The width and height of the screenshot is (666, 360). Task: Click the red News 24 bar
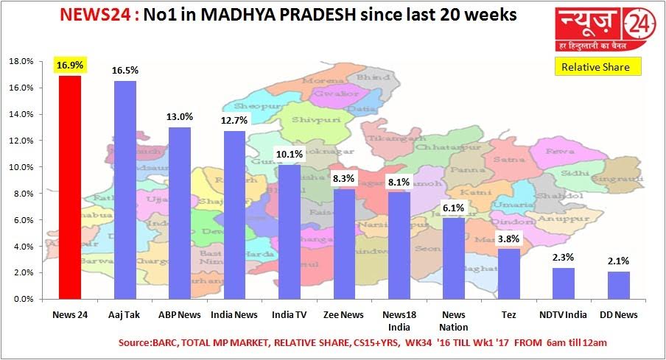(x=70, y=188)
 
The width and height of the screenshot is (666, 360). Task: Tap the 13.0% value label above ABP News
(x=180, y=116)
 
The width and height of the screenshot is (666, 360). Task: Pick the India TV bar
(x=290, y=232)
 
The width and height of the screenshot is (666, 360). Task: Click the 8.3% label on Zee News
(x=345, y=178)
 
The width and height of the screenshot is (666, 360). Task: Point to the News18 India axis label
(x=399, y=320)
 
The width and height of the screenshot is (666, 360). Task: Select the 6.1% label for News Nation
(x=454, y=208)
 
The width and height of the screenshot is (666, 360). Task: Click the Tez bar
(x=509, y=274)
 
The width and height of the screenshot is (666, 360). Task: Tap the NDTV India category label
(x=564, y=315)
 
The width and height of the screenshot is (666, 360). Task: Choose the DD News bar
(x=619, y=285)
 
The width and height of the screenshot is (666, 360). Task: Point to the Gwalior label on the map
(x=325, y=93)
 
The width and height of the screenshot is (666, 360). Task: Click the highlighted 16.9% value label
(x=70, y=66)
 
